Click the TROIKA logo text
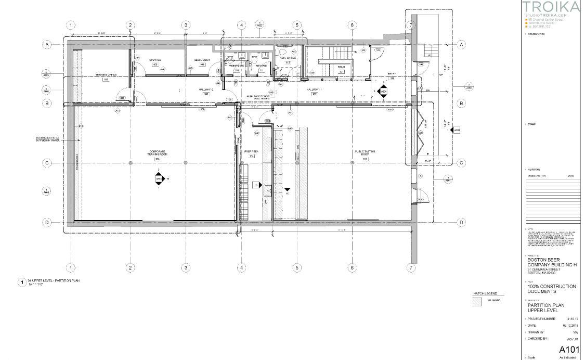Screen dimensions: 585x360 tap(551, 7)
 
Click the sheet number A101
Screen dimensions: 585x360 tap(568, 349)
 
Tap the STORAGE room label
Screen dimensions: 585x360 tap(154, 60)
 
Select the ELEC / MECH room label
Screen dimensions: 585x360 tap(202, 60)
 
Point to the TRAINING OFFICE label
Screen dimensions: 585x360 tap(105, 75)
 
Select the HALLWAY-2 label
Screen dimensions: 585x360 tap(206, 89)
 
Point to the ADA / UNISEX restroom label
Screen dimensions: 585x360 tap(288, 58)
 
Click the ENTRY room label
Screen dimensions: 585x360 tap(392, 74)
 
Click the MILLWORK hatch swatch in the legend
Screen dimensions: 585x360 tap(476, 302)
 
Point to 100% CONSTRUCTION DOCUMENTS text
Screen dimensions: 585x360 tap(551, 289)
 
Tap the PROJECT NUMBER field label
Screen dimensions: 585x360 tap(541, 318)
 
